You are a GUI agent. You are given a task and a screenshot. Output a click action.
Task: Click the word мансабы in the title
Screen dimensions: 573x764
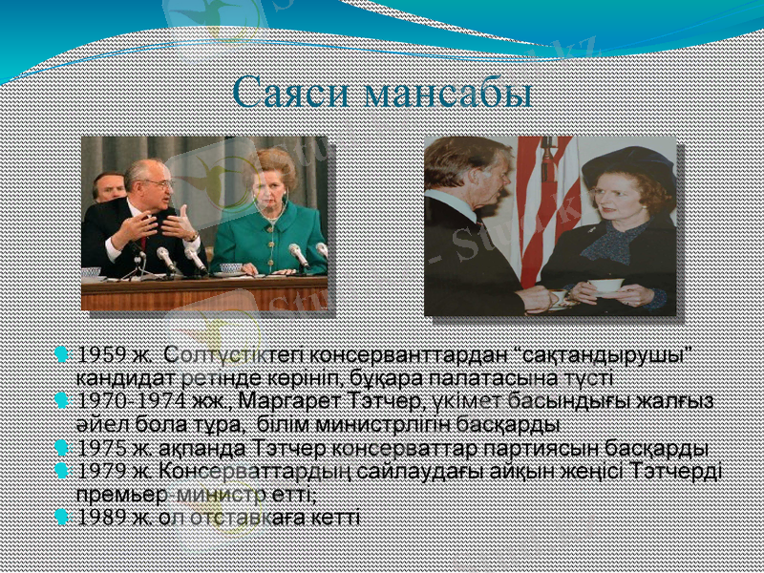[x=449, y=94]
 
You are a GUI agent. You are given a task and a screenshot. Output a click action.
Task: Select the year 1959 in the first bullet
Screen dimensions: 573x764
[x=101, y=355]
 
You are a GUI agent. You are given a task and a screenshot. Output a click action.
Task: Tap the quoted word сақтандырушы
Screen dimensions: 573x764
[x=622, y=355]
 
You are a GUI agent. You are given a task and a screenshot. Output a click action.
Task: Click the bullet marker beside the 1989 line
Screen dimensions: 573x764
[x=63, y=517]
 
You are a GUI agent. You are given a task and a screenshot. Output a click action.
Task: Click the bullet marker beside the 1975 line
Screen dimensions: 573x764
[x=63, y=447]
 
